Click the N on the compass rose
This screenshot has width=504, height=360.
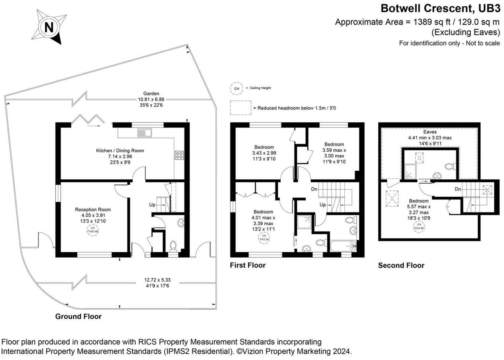pos(49,27)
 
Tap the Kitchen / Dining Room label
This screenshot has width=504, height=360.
pos(120,151)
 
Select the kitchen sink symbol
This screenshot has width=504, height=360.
pos(144,133)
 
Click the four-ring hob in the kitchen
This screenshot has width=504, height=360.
pos(179,155)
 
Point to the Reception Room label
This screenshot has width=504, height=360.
pos(93,209)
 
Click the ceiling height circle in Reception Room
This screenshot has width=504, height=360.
pos(93,230)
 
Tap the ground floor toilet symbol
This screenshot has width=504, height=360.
pos(173,245)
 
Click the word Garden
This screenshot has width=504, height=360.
pos(151,93)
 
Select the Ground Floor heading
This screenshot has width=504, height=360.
pos(78,316)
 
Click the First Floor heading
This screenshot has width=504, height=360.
pos(247,265)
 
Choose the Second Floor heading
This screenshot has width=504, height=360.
pos(401,265)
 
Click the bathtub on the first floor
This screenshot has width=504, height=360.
pos(343,246)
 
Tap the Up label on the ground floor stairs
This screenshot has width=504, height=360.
pos(152,205)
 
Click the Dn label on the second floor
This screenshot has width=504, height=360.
pos(458,189)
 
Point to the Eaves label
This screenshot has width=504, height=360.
pos(430,132)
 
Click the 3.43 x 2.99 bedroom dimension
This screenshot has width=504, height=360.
pos(264,153)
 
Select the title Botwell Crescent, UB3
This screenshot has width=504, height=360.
pos(440,8)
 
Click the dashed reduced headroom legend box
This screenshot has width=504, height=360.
pos(241,108)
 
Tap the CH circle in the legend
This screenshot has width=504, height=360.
pos(236,88)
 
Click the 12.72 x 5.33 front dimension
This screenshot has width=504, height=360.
pos(157,280)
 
